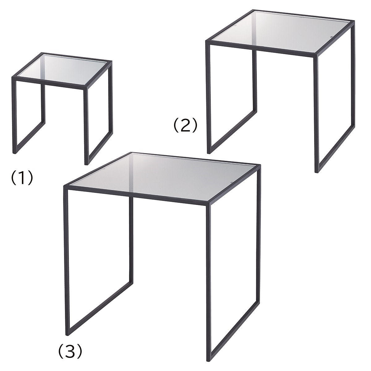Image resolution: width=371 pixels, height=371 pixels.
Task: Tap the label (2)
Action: (185, 125)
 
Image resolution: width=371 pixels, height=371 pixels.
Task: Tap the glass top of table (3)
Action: (163, 177)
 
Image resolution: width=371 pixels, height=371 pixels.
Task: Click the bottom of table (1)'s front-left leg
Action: (14, 153)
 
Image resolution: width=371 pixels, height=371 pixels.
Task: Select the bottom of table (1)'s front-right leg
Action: (87, 164)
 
